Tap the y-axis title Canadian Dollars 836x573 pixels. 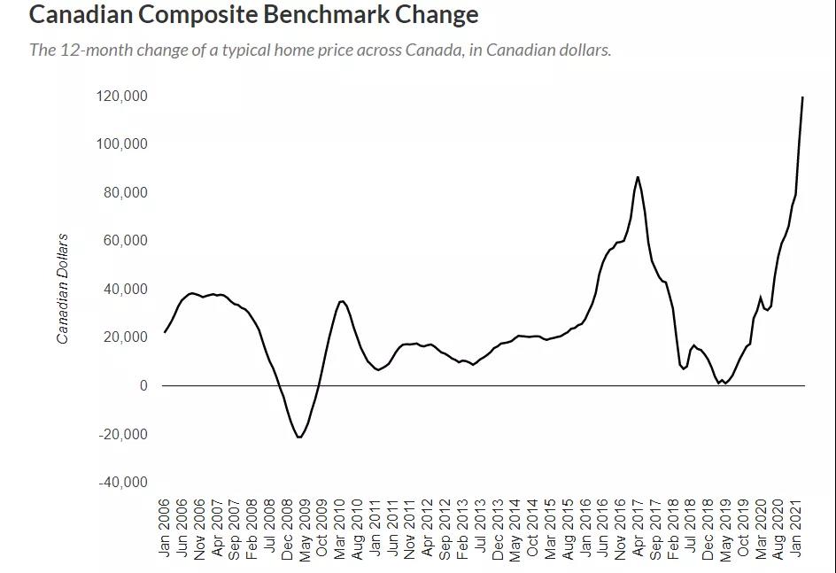62,289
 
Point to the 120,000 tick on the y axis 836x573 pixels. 122,96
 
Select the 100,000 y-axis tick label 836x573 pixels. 122,144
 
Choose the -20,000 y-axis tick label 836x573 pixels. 123,434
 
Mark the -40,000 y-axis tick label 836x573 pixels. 123,483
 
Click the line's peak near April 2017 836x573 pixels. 638,177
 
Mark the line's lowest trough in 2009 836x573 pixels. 299,437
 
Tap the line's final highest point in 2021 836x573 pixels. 802,97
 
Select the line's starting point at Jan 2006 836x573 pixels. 165,332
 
